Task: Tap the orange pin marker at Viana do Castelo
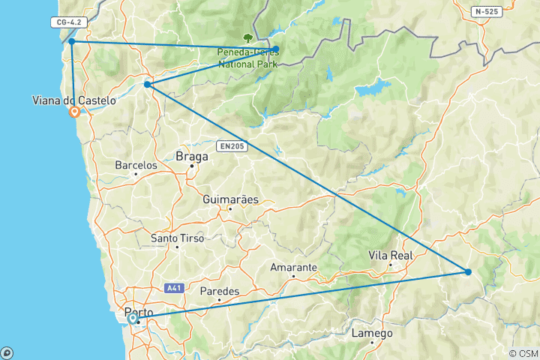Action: click(x=74, y=112)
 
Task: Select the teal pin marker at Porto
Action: click(x=133, y=319)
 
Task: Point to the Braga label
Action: click(x=187, y=157)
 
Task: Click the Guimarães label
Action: click(x=230, y=200)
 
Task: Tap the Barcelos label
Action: click(x=136, y=165)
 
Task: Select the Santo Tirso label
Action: click(x=176, y=238)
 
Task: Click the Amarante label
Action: click(x=293, y=268)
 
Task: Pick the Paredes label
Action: click(x=220, y=291)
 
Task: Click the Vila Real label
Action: click(x=391, y=256)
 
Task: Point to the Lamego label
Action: click(x=372, y=334)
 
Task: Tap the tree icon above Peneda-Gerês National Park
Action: click(x=247, y=37)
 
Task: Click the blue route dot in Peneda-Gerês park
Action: click(x=276, y=49)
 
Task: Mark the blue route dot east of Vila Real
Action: click(x=468, y=271)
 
